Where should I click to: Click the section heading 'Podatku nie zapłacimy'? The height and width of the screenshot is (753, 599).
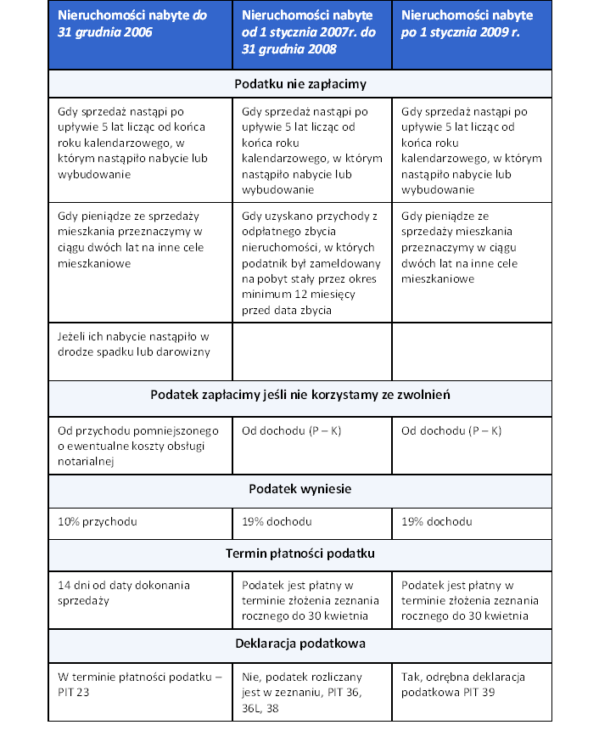[x=299, y=84]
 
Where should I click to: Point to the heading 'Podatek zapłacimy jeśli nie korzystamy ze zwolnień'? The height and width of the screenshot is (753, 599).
[x=299, y=395]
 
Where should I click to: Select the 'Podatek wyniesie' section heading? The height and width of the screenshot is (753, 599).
[x=299, y=489]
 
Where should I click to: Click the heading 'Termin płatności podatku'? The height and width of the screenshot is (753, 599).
[x=299, y=554]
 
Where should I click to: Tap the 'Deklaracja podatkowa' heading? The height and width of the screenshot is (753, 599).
[x=299, y=643]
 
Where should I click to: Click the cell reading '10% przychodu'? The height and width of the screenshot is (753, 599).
[x=140, y=521]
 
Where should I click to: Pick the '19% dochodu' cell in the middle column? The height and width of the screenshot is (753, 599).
[x=311, y=521]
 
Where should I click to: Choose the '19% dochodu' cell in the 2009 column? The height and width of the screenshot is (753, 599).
[x=471, y=521]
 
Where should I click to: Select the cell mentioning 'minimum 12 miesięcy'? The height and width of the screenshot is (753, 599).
[x=311, y=263]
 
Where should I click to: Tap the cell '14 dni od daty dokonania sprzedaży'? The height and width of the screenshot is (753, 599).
[x=140, y=593]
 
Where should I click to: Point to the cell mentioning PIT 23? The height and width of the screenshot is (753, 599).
[x=140, y=684]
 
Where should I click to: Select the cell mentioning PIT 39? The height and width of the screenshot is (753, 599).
[x=471, y=684]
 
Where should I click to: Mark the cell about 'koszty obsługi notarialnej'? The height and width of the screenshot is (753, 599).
[x=140, y=446]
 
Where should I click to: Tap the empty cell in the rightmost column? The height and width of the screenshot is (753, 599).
[x=471, y=351]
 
